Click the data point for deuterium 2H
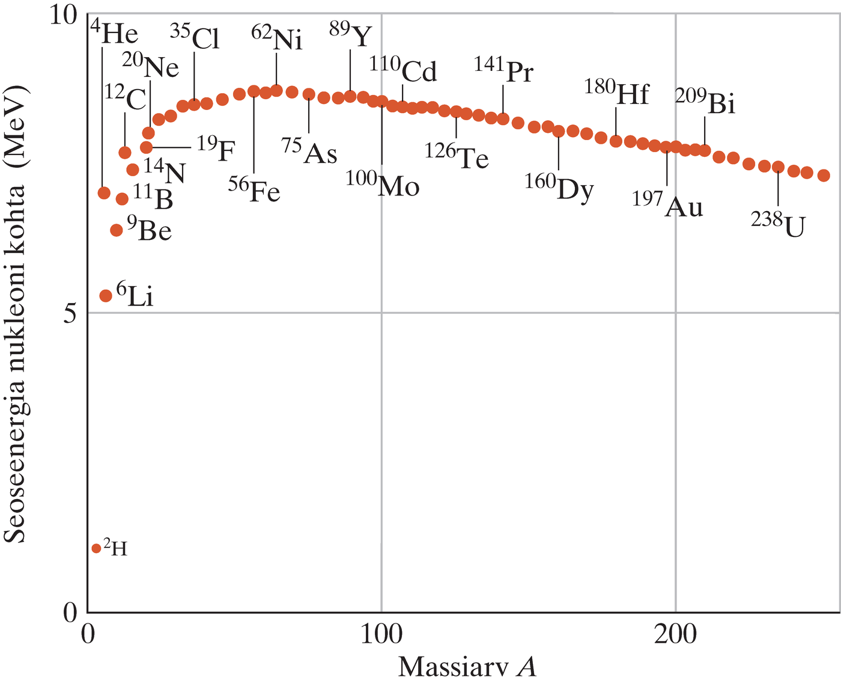[96, 548]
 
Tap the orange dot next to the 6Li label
[106, 295]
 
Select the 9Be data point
[117, 230]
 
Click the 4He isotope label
[115, 34]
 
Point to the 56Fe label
[255, 191]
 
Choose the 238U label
[778, 225]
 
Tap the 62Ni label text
[277, 39]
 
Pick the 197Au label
[667, 206]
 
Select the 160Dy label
[559, 188]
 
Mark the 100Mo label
[383, 185]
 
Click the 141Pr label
[504, 70]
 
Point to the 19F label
[216, 149]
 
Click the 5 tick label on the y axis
[71, 313]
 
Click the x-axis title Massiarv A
[467, 667]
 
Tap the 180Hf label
[617, 93]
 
